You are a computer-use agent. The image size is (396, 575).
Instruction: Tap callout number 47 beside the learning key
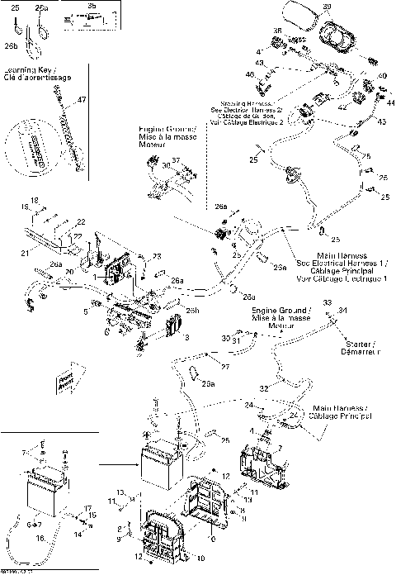point(82,100)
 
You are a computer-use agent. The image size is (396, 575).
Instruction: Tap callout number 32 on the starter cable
point(264,387)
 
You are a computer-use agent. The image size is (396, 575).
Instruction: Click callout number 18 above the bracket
point(35,200)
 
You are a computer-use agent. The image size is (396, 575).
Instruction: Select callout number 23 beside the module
point(158,258)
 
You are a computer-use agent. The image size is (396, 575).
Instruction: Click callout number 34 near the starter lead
point(343,310)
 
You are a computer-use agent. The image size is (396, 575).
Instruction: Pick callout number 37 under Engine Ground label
point(176,159)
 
